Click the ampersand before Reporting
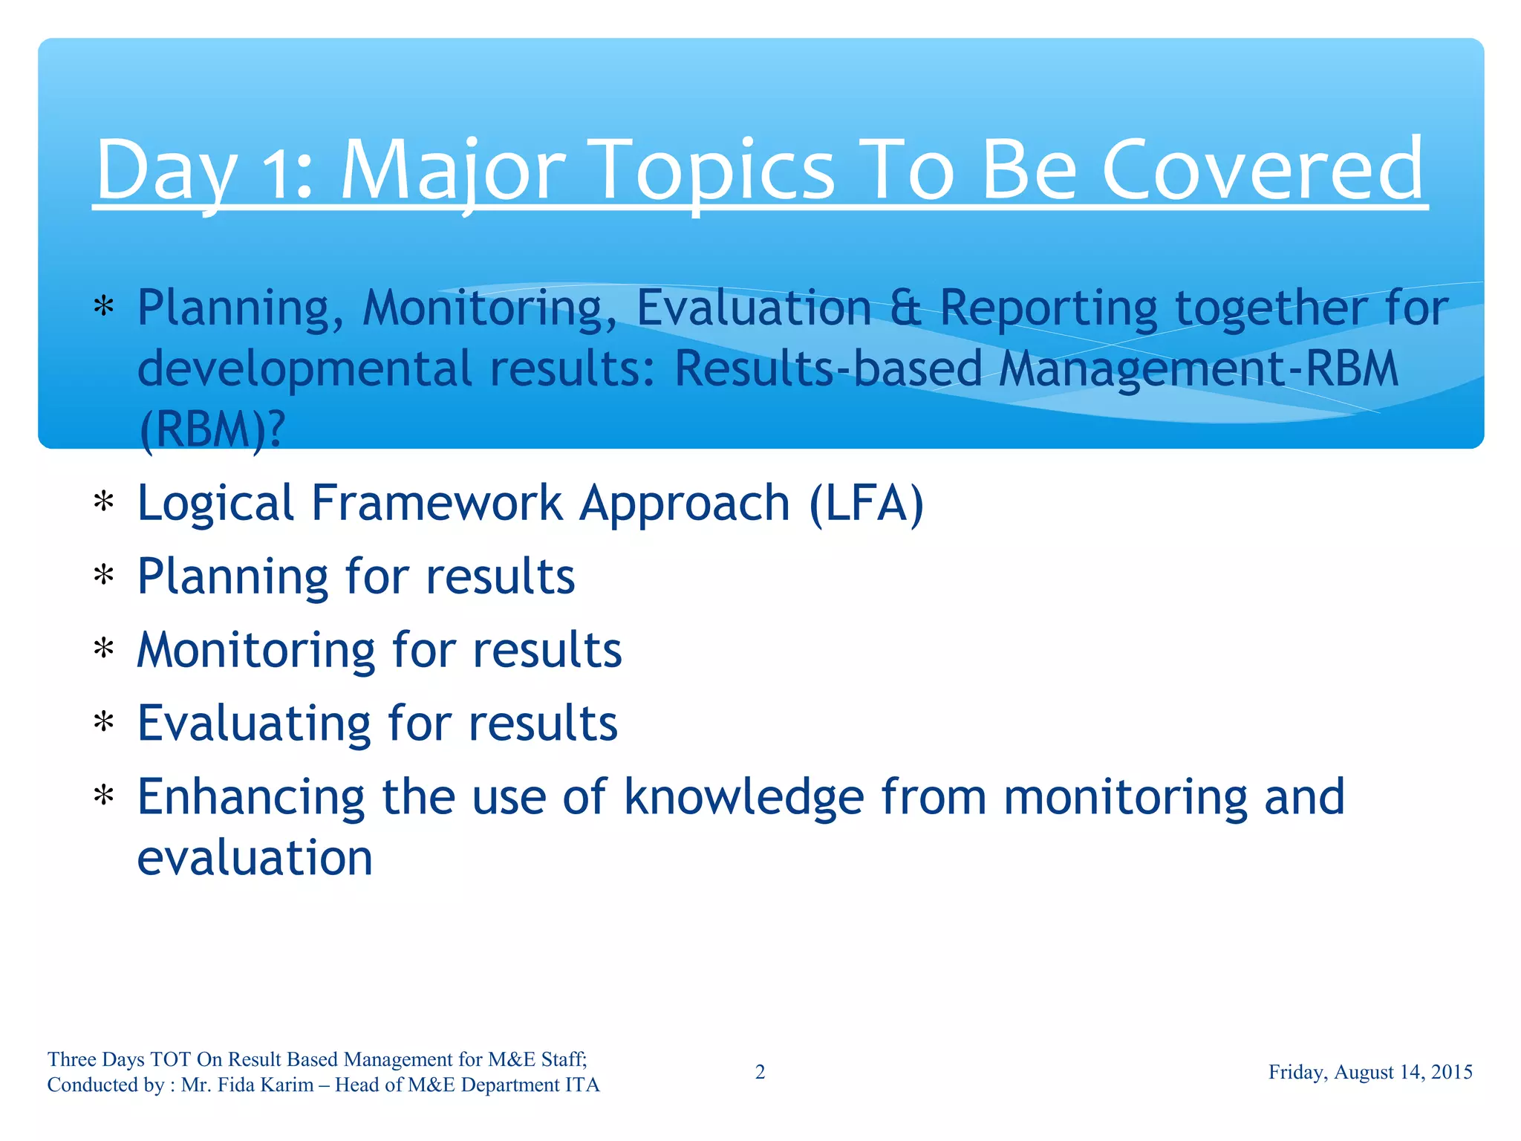(x=905, y=308)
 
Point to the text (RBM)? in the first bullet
(x=212, y=430)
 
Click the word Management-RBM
(x=1198, y=369)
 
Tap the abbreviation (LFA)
(x=867, y=504)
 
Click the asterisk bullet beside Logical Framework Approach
(x=104, y=504)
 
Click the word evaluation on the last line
(x=255, y=859)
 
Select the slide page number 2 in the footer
(x=760, y=1072)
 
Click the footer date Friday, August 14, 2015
(x=1369, y=1072)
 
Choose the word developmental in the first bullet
(x=304, y=369)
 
